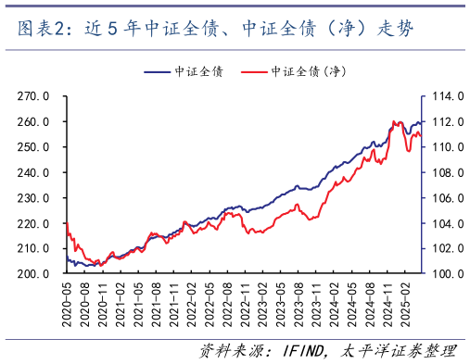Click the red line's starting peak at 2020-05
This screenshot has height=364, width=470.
point(67,223)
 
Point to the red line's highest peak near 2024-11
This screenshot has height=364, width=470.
point(395,121)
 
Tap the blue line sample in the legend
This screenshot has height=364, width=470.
point(158,71)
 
